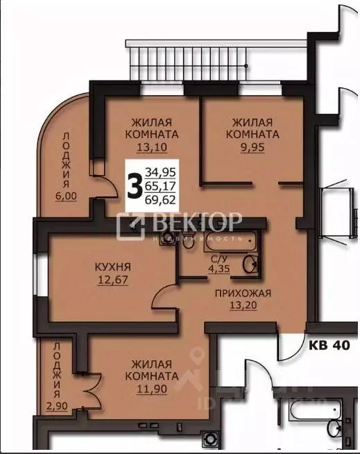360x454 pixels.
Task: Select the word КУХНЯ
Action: pos(113,267)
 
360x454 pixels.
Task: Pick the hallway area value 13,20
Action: pos(242,305)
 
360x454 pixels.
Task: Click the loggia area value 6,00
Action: pos(67,196)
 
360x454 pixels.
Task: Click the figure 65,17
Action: pos(160,185)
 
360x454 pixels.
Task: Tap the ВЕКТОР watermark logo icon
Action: pos(130,224)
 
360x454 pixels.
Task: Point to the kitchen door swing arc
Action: pos(164,300)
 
